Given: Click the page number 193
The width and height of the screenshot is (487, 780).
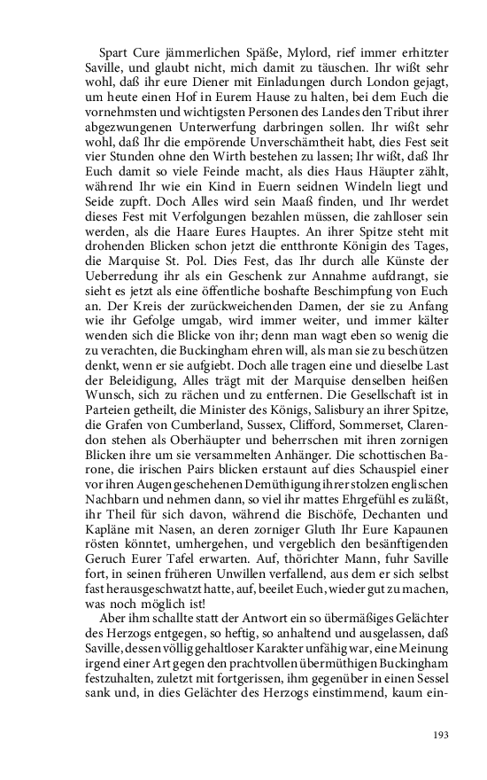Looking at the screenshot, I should click(441, 735).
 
